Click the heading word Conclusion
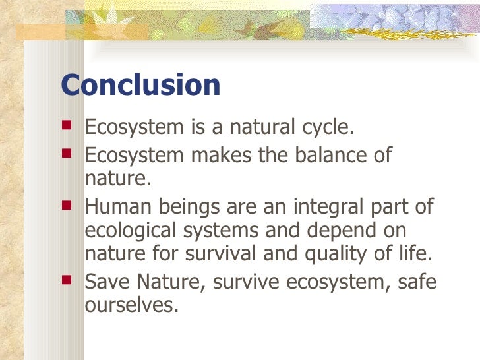pos(140,86)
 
